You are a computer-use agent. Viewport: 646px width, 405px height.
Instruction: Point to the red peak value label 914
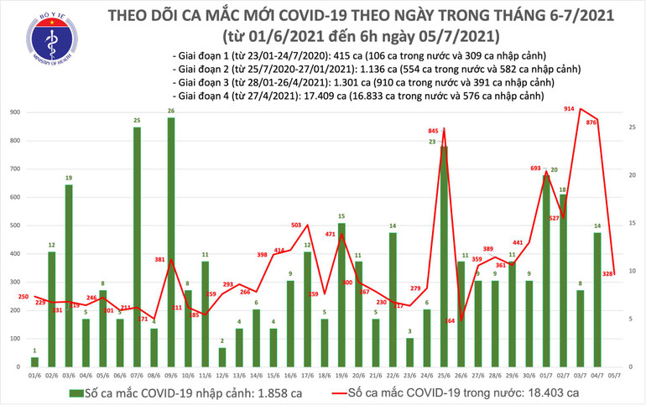[x=570, y=110]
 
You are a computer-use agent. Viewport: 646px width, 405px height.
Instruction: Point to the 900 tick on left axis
[x=15, y=112]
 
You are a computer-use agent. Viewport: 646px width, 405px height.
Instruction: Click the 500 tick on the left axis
[x=15, y=226]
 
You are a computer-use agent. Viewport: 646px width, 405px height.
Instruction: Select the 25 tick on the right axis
[x=631, y=127]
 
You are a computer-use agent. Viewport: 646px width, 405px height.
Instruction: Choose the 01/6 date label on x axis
[x=34, y=375]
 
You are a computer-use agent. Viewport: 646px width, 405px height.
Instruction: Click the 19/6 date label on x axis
[x=341, y=375]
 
